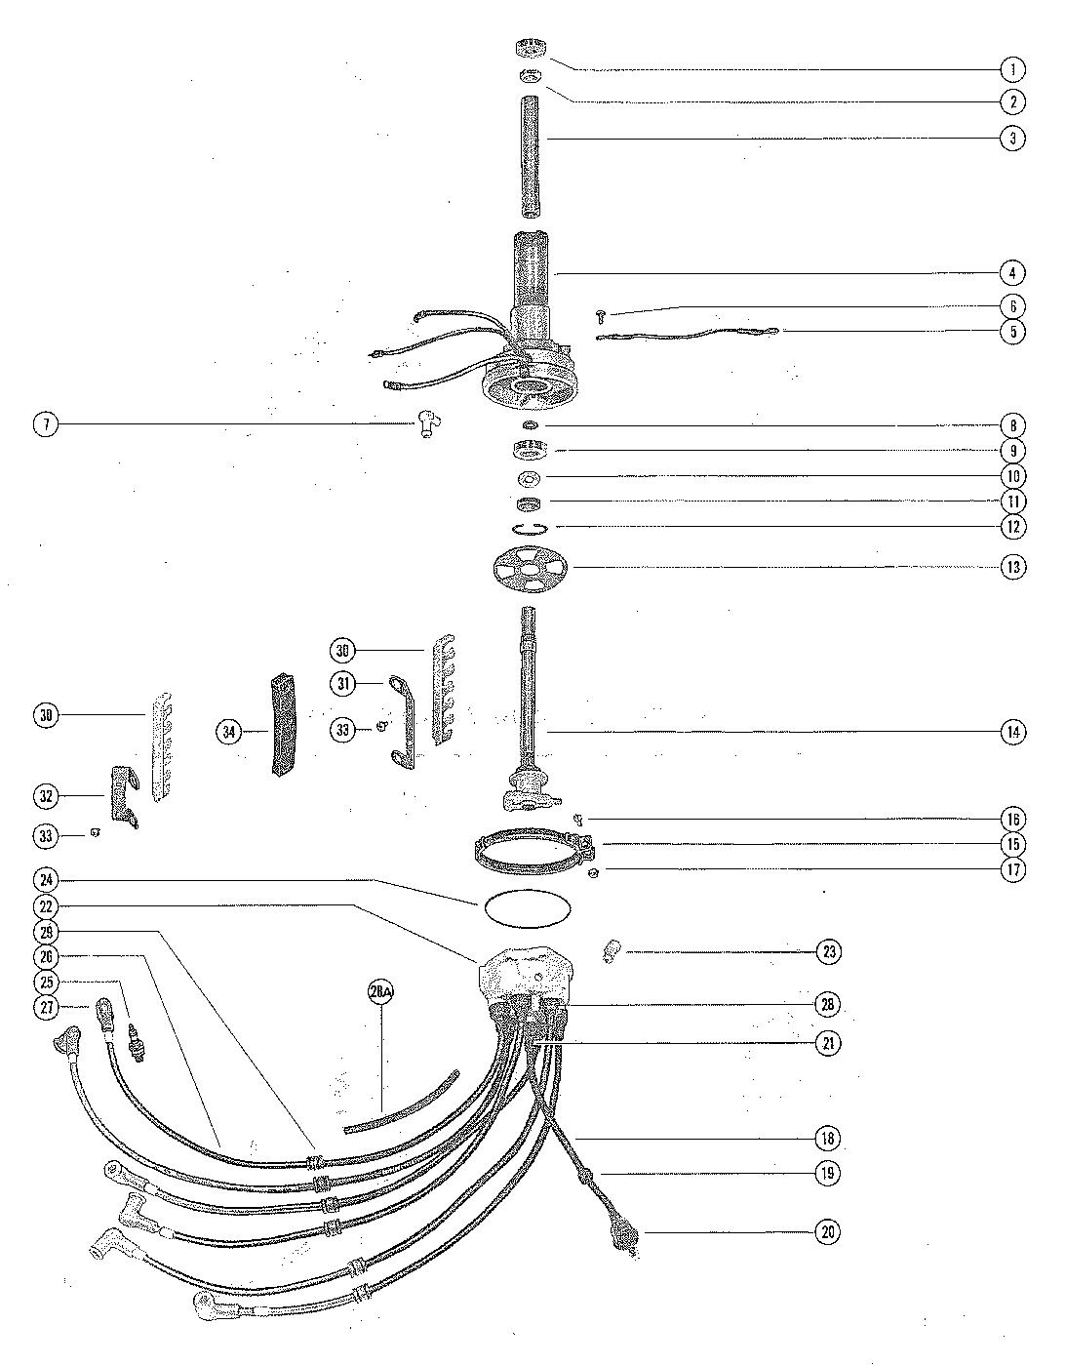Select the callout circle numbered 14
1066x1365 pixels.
tap(1013, 732)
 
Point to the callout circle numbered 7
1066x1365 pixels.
tap(46, 424)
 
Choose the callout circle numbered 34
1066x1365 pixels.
tap(229, 731)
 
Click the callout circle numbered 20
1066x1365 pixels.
tap(827, 1231)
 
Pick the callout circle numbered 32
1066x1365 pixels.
tap(46, 796)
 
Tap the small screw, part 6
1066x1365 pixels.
tap(602, 313)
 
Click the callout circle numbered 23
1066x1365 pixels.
tap(827, 951)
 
